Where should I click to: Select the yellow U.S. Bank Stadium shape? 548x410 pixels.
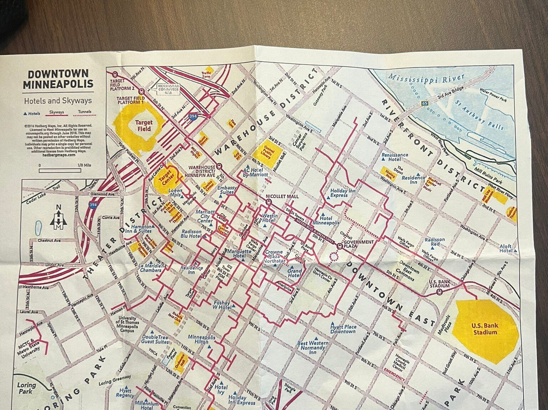coord(485,330)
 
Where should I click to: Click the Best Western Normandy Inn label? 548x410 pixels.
coord(313,347)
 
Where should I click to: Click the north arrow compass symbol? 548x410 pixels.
coord(59,218)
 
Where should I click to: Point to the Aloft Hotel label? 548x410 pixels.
coord(506,248)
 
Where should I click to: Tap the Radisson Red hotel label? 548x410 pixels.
coord(434,242)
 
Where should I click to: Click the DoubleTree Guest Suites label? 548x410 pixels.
coord(155,339)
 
